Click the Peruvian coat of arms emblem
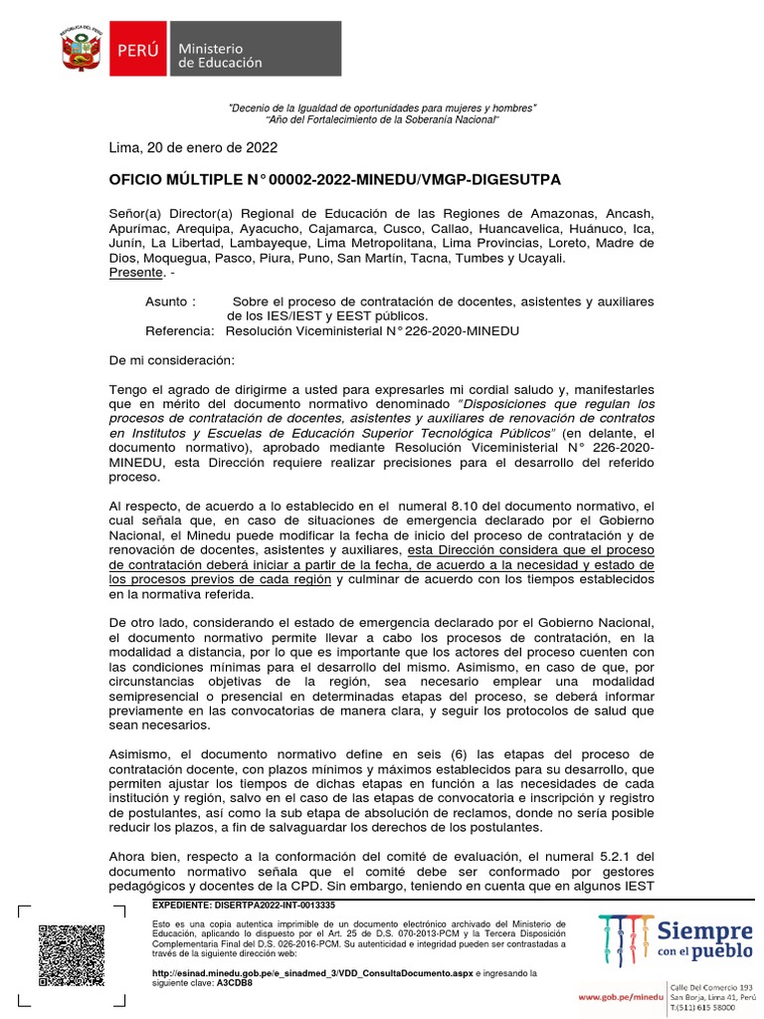click(x=83, y=48)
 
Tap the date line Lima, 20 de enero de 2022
click(x=192, y=148)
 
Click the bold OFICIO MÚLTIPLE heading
click(x=334, y=179)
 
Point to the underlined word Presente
click(x=135, y=272)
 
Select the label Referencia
click(x=179, y=330)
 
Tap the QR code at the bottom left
click(x=71, y=955)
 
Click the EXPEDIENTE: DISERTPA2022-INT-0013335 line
click(x=243, y=906)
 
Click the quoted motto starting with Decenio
click(x=382, y=107)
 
